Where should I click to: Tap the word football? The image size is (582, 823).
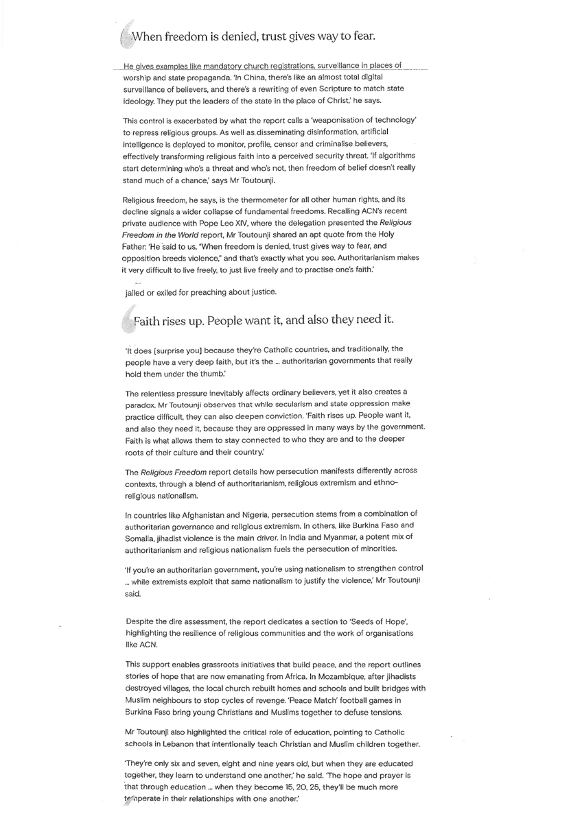point(313,700)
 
